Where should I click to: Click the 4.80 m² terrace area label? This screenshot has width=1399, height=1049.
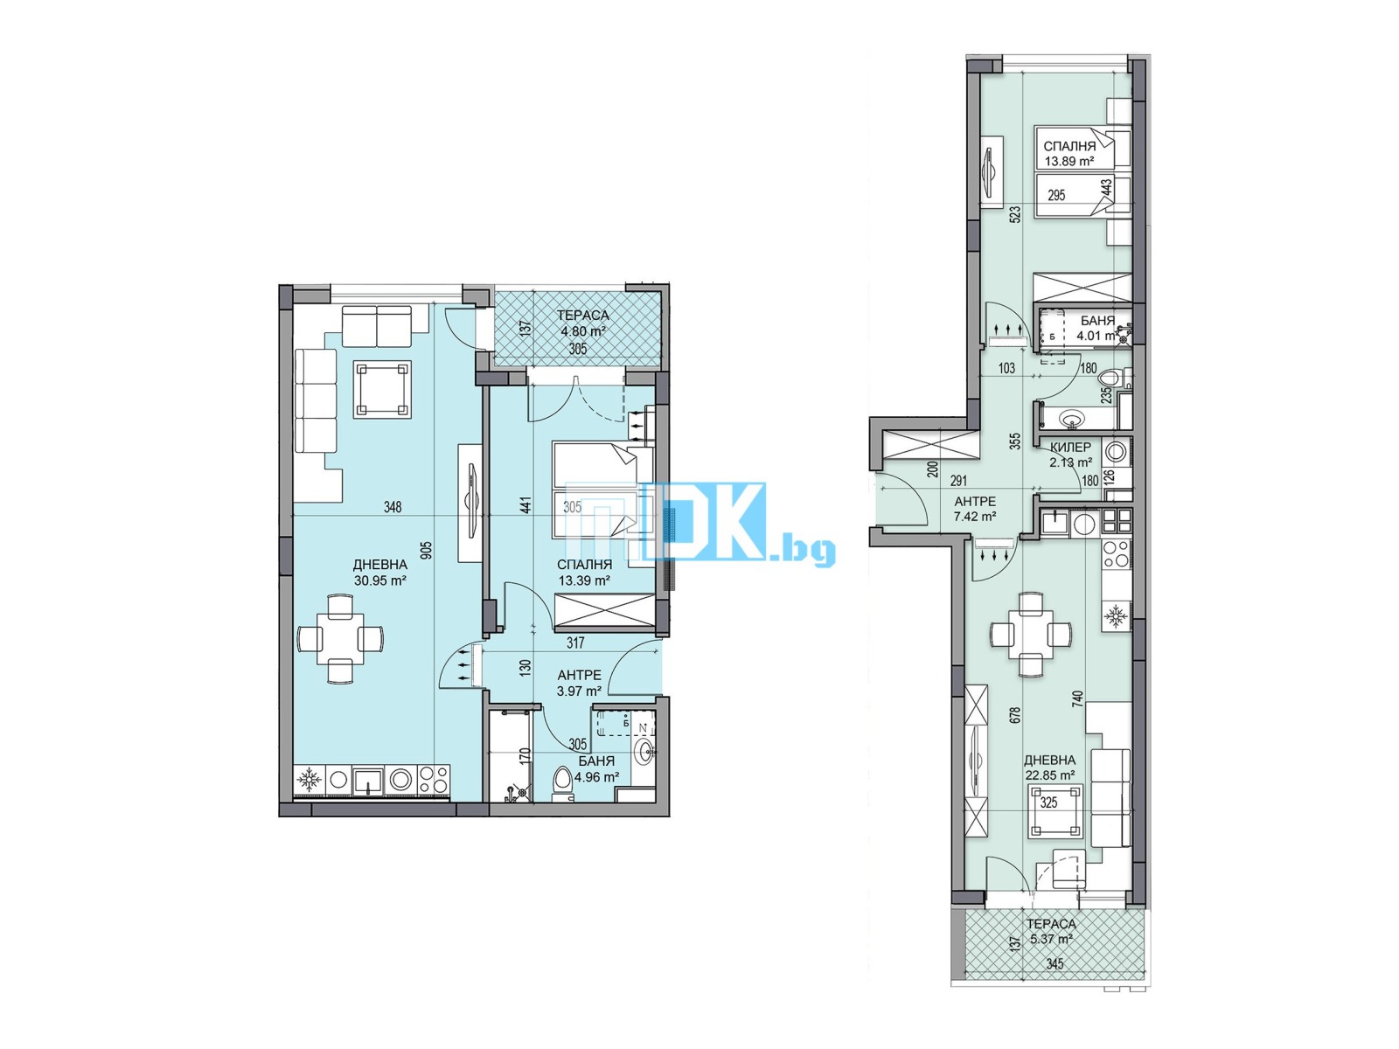[583, 331]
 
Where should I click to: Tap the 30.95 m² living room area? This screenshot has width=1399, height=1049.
[380, 580]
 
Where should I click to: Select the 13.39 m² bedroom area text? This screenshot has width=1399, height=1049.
[584, 580]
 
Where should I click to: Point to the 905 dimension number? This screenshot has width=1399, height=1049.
[426, 550]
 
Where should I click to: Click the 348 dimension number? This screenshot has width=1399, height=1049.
[393, 507]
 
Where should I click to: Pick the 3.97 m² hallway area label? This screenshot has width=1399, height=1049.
[579, 691]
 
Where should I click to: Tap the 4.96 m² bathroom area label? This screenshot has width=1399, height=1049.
[596, 776]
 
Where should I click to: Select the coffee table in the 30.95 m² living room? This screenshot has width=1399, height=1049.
[382, 389]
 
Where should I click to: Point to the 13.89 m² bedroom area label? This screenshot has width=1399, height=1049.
[1068, 162]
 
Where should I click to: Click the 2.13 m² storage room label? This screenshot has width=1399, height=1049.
[1070, 462]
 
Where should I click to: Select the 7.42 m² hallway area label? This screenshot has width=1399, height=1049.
[975, 517]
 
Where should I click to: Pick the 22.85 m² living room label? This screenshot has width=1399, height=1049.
[1049, 775]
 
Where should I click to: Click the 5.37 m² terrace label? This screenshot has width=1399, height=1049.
[1051, 940]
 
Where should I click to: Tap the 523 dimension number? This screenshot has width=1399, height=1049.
[1015, 214]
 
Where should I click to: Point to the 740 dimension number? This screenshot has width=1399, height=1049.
[1078, 698]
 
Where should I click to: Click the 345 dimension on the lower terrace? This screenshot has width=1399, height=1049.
[1055, 964]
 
